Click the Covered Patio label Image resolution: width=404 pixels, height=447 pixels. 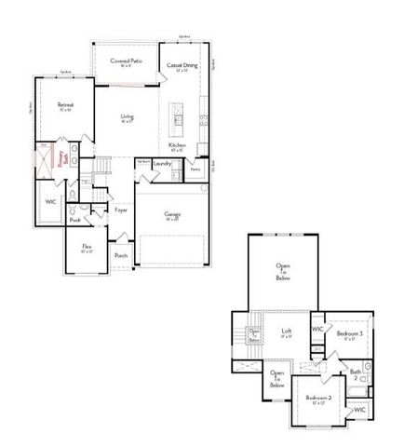click(127, 61)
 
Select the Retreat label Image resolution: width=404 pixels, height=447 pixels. click(65, 105)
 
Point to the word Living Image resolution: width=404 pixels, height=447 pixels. click(127, 116)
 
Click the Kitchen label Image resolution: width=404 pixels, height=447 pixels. click(177, 146)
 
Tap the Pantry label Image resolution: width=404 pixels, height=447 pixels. click(195, 169)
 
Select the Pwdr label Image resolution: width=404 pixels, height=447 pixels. click(74, 220)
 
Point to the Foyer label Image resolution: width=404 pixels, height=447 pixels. click(121, 210)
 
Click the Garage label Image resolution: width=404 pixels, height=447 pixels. click(172, 214)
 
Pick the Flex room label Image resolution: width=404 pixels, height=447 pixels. click(87, 248)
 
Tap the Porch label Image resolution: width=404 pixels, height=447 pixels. click(121, 255)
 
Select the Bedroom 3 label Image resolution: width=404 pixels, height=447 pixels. click(350, 333)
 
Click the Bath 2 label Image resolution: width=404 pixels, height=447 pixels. click(356, 374)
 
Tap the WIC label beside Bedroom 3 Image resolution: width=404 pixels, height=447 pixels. click(317, 330)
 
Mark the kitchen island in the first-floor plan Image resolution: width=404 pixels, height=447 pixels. click(177, 119)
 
